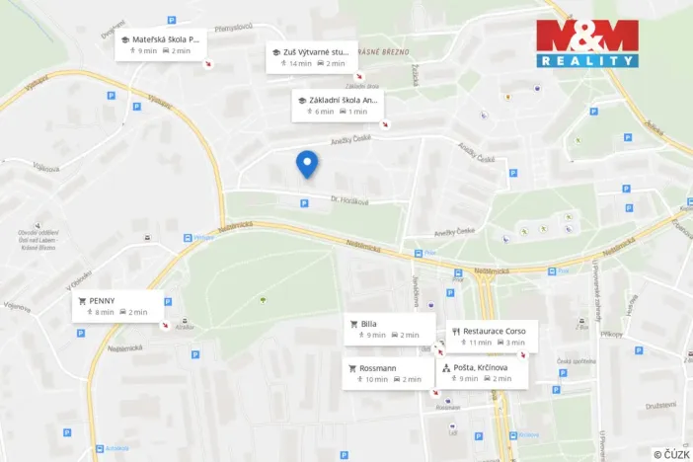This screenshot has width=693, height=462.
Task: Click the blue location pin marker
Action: [x=307, y=163]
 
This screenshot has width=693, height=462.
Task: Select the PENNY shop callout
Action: [x=117, y=305]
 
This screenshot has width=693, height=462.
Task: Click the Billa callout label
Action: [x=389, y=329]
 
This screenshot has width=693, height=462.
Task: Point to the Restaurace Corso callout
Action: [x=492, y=337]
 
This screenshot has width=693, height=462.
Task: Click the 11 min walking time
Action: [x=480, y=343]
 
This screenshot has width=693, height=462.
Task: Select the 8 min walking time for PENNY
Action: [x=105, y=312]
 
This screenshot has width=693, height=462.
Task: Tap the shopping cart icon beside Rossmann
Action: [x=353, y=366]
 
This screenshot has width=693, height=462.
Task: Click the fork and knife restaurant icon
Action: [x=456, y=331]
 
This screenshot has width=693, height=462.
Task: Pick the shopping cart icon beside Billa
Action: [x=353, y=323]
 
